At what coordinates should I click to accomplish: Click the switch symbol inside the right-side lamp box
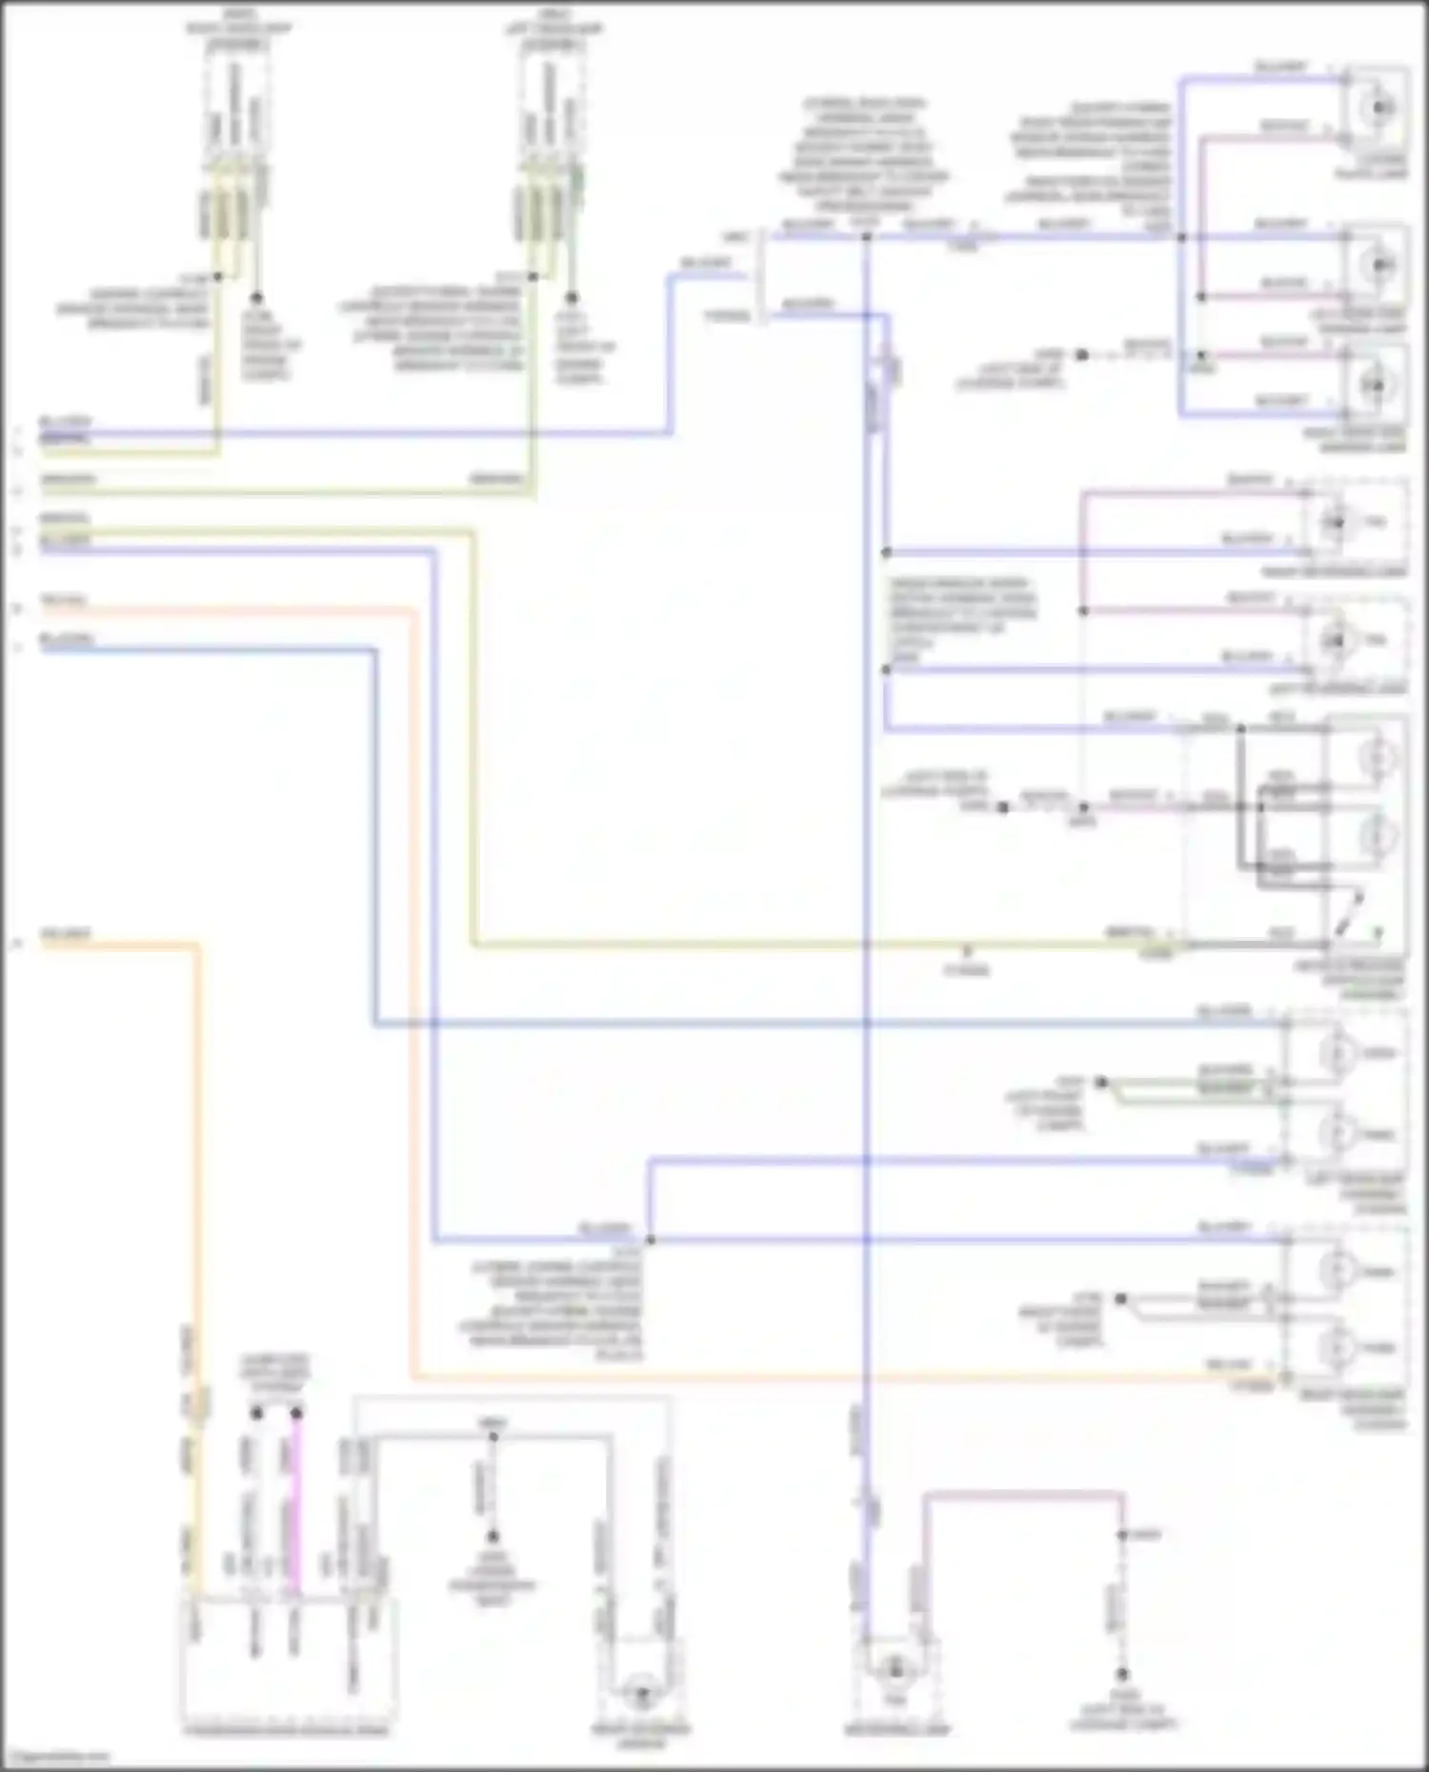[1350, 912]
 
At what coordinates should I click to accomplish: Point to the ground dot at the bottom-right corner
[1122, 1673]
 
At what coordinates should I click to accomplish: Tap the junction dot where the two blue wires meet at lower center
[651, 1239]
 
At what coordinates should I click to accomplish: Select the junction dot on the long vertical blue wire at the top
[866, 236]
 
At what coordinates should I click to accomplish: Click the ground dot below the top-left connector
[255, 297]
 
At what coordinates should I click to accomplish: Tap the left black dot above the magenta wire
[256, 1413]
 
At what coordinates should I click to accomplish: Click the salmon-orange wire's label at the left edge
[63, 601]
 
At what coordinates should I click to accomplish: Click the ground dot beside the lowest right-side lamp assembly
[1121, 1298]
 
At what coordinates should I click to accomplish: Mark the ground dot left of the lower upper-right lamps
[1081, 355]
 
